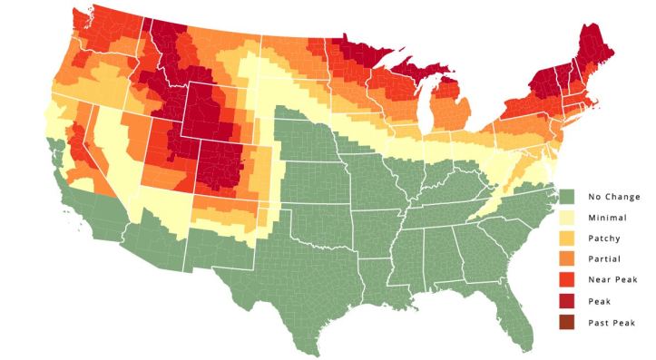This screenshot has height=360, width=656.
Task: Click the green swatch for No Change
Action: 568,197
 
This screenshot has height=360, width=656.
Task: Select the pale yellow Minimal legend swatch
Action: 568,218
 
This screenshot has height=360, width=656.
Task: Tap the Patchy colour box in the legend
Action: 568,239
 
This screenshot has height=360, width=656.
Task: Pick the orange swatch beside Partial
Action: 568,260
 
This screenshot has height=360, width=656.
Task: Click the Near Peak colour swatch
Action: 568,281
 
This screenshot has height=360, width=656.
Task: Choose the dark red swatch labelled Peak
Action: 568,302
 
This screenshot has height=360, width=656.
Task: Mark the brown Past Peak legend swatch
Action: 568,323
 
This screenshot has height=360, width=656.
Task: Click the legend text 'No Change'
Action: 613,197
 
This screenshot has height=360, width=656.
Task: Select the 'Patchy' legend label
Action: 605,239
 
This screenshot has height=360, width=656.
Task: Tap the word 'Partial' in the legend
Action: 605,260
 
